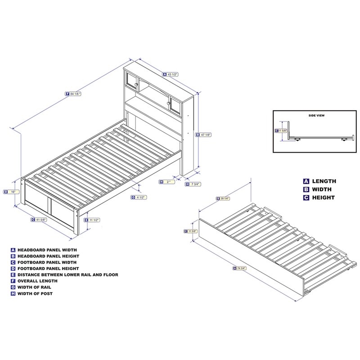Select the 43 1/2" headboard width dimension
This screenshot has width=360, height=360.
click(x=171, y=74)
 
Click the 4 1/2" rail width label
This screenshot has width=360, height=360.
click(x=138, y=197)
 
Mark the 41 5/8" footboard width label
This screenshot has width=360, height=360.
click(x=40, y=220)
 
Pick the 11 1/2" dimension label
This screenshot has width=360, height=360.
click(x=92, y=220)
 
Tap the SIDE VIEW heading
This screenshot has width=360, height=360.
click(x=316, y=116)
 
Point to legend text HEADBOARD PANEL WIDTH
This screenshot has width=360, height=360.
click(x=47, y=249)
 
